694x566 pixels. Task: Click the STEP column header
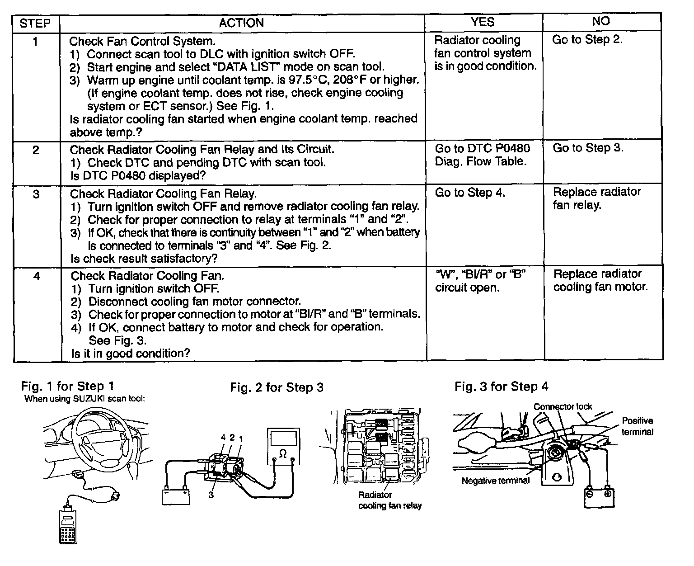point(35,23)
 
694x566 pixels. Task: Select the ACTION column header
point(241,23)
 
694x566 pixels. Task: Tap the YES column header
point(483,22)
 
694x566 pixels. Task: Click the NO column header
point(600,21)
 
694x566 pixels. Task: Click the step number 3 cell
point(36,194)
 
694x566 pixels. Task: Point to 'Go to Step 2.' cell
point(587,40)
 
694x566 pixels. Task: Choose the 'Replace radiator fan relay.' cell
point(597,198)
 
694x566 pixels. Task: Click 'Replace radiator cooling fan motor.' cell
point(600,280)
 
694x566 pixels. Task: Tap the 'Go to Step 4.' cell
point(470,193)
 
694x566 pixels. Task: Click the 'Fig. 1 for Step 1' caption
point(68,386)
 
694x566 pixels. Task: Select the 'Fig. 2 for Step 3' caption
point(277,387)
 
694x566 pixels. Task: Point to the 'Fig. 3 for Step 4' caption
point(502,387)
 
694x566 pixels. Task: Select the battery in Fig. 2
point(175,495)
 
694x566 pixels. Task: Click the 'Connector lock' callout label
point(563,407)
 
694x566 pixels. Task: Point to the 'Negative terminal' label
point(495,481)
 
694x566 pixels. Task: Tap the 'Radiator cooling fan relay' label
point(389,500)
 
